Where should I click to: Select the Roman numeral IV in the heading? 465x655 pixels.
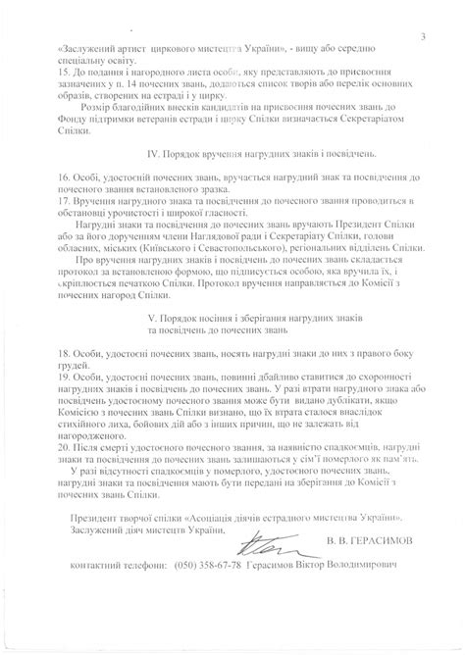(x=152, y=155)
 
